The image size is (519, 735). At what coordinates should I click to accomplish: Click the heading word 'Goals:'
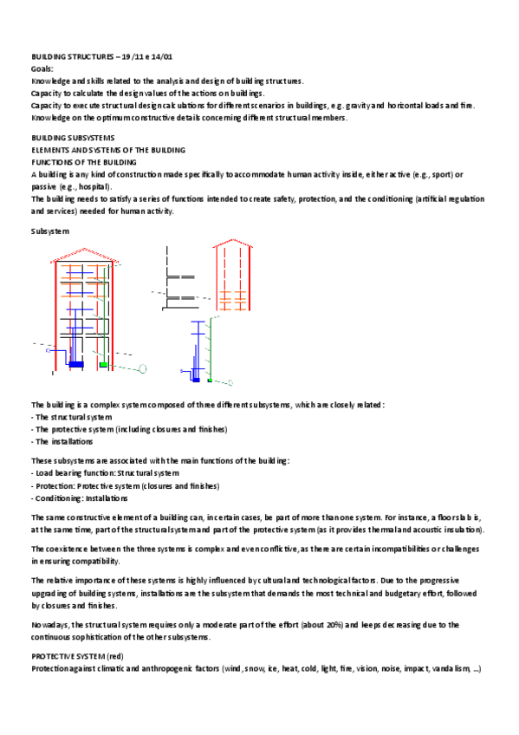point(42,68)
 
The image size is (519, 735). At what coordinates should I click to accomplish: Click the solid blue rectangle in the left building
point(76,364)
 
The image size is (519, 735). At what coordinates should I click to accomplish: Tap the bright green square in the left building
point(103,365)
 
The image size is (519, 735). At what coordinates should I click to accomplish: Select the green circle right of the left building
point(143,369)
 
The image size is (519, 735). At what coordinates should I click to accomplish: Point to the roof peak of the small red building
point(232,240)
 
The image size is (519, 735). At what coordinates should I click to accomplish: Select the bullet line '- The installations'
point(62,441)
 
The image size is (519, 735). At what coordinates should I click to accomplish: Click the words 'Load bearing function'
point(75,473)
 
